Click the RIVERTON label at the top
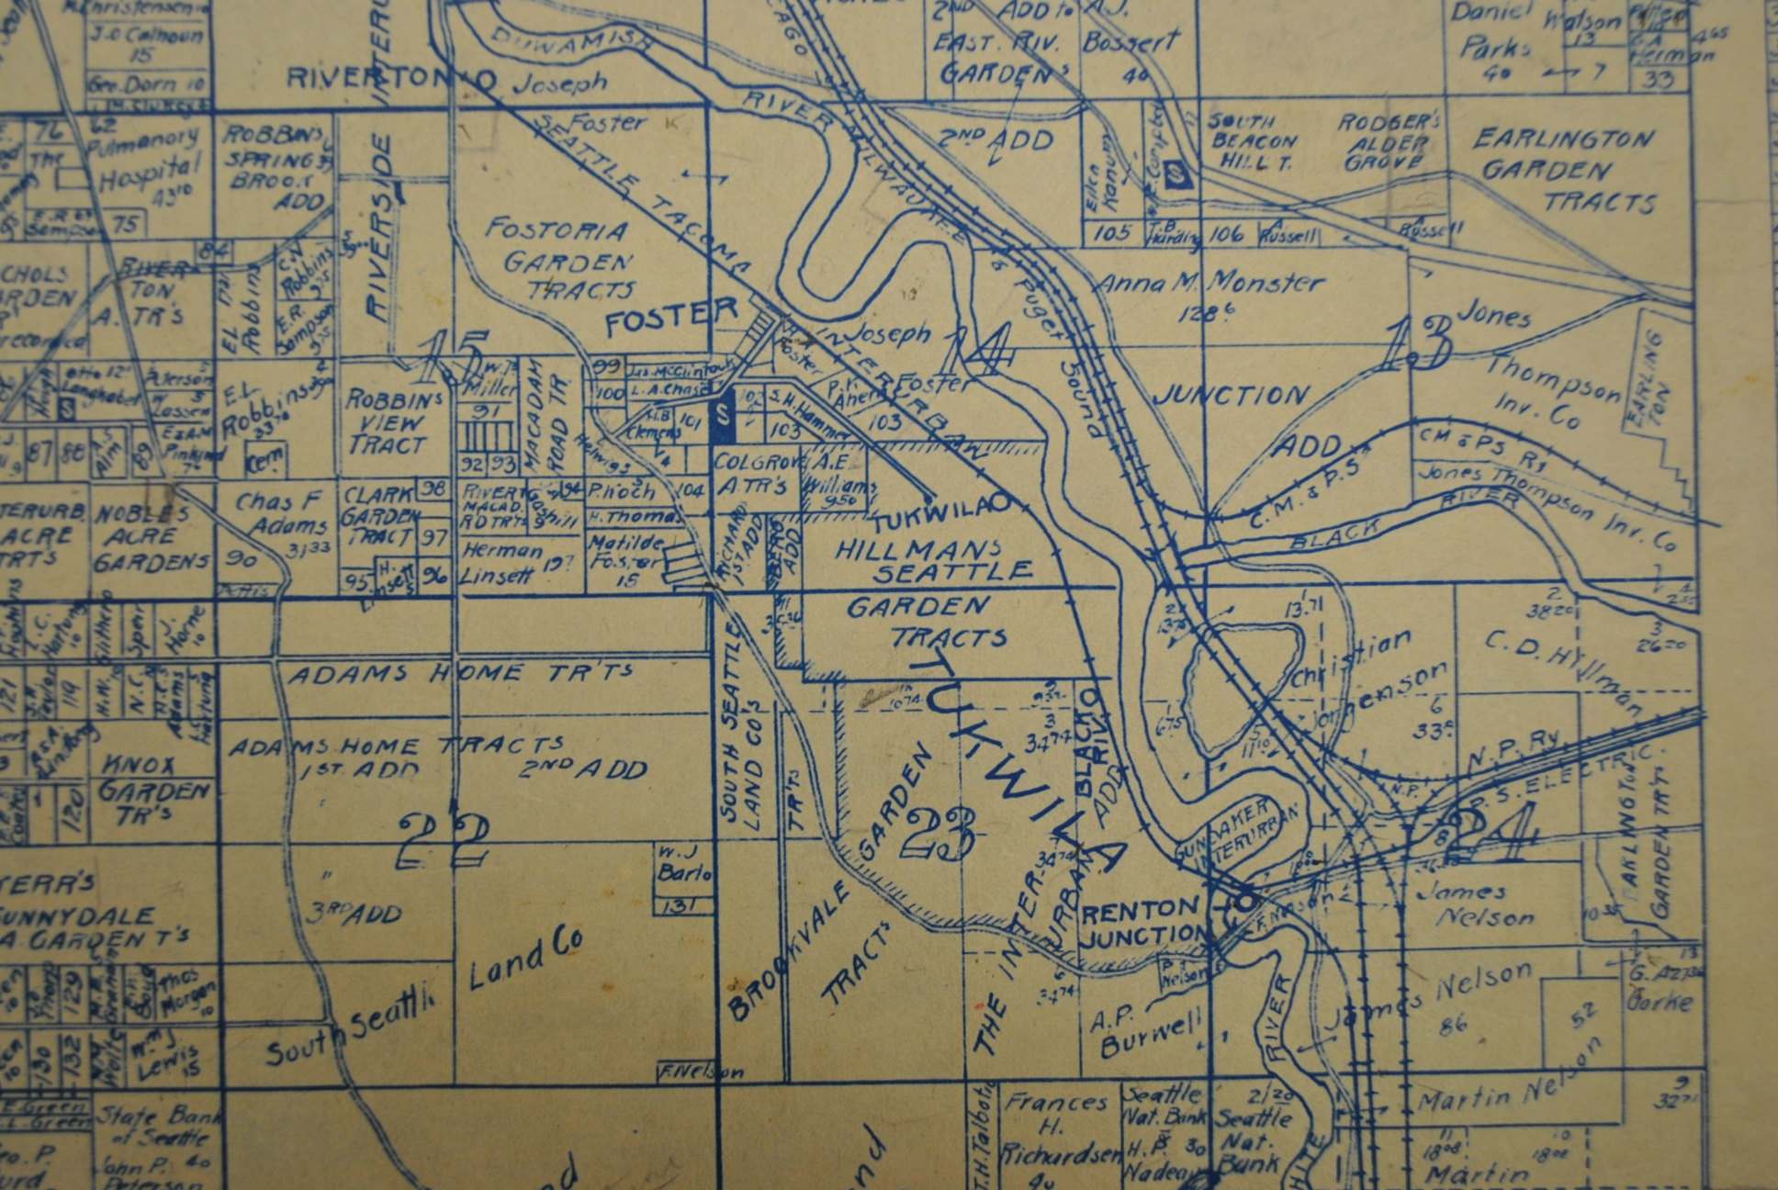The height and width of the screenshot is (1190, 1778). pyautogui.click(x=390, y=79)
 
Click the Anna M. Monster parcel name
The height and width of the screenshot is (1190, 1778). pyautogui.click(x=1210, y=284)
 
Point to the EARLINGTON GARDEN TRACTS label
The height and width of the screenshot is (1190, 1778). pyautogui.click(x=1563, y=170)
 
